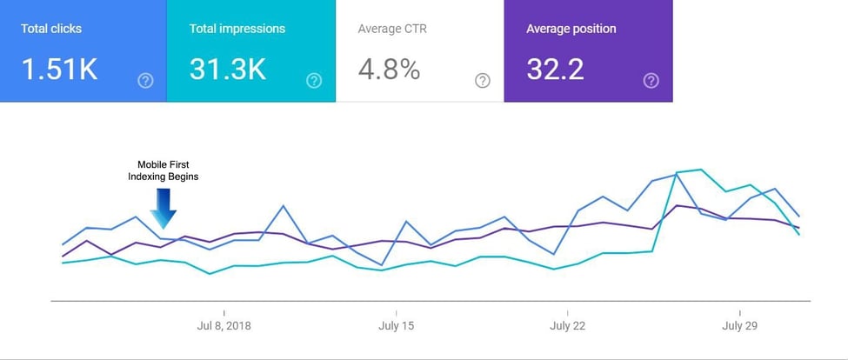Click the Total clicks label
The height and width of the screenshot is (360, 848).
[x=50, y=29]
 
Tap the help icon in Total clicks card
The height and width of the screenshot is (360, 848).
[x=145, y=81]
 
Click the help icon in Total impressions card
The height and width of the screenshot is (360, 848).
[x=314, y=81]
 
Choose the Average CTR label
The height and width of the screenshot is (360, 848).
[x=391, y=29]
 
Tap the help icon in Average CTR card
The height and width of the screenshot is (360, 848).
[x=483, y=81]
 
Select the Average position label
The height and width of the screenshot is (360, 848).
[x=571, y=29]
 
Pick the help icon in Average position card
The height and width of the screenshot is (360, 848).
[x=651, y=81]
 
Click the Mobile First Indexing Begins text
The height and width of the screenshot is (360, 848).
[x=164, y=170]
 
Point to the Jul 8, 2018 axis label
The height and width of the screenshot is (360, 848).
[x=224, y=326]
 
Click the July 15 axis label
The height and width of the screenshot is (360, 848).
[x=396, y=326]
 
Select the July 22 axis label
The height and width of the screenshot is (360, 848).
[x=567, y=326]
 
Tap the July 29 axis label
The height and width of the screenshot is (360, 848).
[x=739, y=326]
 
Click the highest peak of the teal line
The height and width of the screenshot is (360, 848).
[x=700, y=170]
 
